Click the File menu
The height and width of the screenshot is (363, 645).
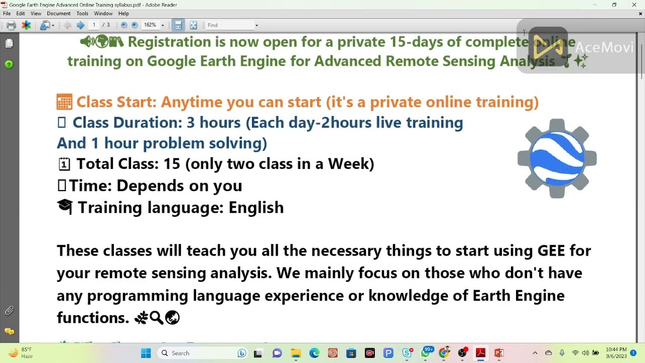tap(7, 14)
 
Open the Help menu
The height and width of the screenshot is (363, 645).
tap(123, 14)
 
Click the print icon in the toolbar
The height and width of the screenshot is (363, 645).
tap(11, 25)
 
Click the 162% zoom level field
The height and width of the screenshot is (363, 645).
tap(150, 25)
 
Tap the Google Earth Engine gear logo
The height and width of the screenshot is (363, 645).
tap(557, 158)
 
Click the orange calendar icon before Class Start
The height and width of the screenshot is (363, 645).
tap(64, 102)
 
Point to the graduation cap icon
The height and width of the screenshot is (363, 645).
tap(65, 207)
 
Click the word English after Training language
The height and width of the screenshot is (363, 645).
tap(256, 207)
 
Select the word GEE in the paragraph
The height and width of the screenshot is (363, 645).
tap(551, 251)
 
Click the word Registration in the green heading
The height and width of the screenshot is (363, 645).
tap(169, 42)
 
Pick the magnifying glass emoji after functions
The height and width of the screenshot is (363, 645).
tap(156, 318)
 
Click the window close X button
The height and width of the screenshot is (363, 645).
tap(634, 5)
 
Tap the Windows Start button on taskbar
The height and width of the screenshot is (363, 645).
tap(146, 353)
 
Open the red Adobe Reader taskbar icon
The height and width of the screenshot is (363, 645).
tap(480, 353)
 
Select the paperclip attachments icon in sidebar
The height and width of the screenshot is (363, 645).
tap(9, 311)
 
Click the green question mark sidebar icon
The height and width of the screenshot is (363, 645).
tap(9, 65)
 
